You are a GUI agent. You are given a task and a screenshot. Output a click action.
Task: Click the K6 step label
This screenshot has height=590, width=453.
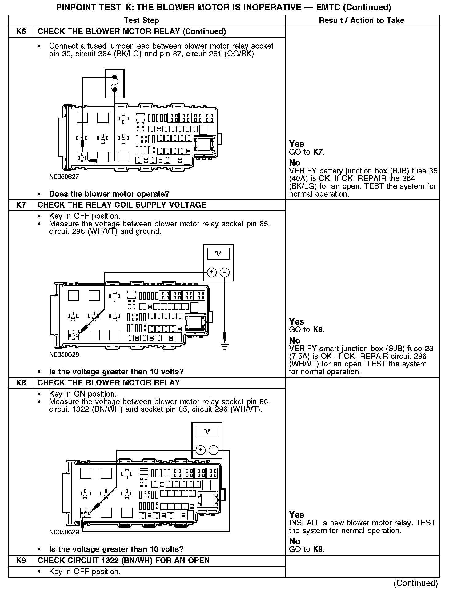pyautogui.click(x=21, y=32)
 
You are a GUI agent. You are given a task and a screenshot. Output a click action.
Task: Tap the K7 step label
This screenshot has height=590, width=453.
pyautogui.click(x=21, y=205)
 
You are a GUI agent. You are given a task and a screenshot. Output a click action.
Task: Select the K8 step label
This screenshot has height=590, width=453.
pyautogui.click(x=21, y=383)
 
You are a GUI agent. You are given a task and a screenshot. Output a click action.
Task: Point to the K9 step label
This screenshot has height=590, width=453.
pyautogui.click(x=21, y=560)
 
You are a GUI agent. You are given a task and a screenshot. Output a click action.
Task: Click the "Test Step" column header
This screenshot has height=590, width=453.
pyautogui.click(x=141, y=21)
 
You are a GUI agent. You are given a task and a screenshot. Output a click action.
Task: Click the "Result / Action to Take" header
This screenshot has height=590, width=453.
pyautogui.click(x=362, y=21)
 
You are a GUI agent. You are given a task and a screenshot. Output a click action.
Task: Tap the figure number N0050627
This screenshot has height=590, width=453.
pyautogui.click(x=64, y=177)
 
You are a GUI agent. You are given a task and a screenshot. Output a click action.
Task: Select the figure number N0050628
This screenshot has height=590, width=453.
pyautogui.click(x=64, y=354)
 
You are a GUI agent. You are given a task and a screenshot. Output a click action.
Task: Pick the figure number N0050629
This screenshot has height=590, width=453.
pyautogui.click(x=64, y=532)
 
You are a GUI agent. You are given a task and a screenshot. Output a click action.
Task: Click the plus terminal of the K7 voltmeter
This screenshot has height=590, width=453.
pyautogui.click(x=212, y=272)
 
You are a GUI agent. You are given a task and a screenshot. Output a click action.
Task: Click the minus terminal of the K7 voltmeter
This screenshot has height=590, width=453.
pyautogui.click(x=225, y=272)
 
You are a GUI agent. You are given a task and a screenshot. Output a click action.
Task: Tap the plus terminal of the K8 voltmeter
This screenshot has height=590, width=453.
pyautogui.click(x=200, y=450)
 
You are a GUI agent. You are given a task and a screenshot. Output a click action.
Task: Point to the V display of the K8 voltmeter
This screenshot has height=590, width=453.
pyautogui.click(x=207, y=432)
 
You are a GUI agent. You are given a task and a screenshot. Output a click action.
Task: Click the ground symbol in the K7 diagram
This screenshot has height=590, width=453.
pyautogui.click(x=225, y=346)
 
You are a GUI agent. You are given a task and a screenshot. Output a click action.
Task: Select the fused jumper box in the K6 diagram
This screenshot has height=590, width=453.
pyautogui.click(x=114, y=83)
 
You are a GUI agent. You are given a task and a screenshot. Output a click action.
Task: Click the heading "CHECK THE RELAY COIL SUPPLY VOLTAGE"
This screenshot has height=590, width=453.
pyautogui.click(x=122, y=205)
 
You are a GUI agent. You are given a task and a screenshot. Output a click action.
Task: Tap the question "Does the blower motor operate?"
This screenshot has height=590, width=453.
pyautogui.click(x=109, y=194)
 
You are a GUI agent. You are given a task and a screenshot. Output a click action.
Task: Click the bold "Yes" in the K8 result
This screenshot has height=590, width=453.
pyautogui.click(x=297, y=515)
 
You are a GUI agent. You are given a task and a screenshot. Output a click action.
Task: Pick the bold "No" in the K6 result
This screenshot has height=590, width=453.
pyautogui.click(x=295, y=163)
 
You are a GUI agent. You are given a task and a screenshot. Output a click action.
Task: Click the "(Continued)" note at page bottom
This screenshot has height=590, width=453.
pyautogui.click(x=415, y=583)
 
